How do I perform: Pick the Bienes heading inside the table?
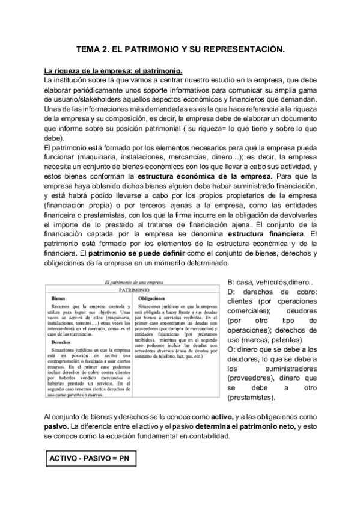[x=58, y=298]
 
